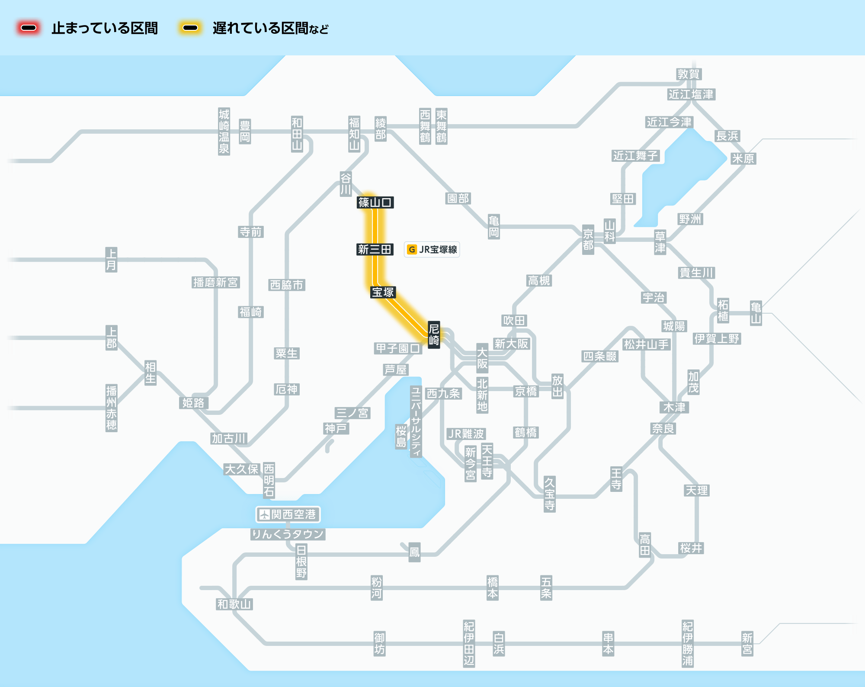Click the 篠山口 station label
(375, 202)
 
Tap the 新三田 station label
(375, 249)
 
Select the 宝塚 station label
(383, 292)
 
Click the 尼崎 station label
(434, 334)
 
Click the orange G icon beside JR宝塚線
(412, 249)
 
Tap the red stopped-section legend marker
(29, 28)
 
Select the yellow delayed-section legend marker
(190, 28)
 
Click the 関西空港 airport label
(288, 514)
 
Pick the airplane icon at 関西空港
(264, 514)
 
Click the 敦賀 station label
(689, 74)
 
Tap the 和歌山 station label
(234, 604)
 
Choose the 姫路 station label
(193, 403)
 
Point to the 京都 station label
(588, 240)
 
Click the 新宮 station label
(747, 643)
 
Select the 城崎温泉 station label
(224, 132)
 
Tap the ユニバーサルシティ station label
(416, 421)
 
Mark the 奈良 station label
(663, 428)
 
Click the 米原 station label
(743, 158)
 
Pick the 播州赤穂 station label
(111, 408)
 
